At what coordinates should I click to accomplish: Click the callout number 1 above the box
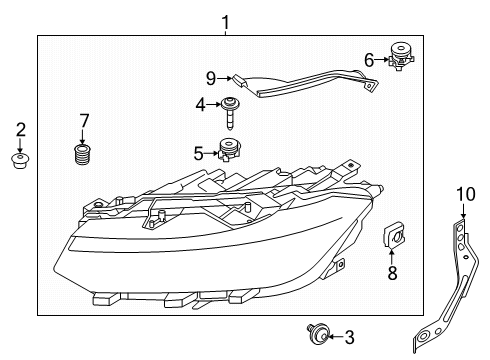click(x=226, y=23)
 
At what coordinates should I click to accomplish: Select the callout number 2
click(x=21, y=130)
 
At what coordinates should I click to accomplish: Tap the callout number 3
click(x=349, y=338)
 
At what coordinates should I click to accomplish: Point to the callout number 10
click(x=466, y=194)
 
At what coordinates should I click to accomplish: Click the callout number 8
click(x=392, y=273)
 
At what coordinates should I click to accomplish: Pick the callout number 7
click(x=84, y=121)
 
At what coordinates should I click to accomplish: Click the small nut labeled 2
click(x=20, y=161)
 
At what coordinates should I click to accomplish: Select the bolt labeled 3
click(x=318, y=334)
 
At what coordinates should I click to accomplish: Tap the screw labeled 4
click(x=229, y=113)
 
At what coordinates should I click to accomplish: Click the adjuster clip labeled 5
click(x=229, y=150)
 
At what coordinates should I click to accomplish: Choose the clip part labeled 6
click(x=401, y=55)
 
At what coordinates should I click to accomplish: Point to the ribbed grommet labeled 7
click(x=82, y=154)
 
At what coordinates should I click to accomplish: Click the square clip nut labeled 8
click(x=394, y=236)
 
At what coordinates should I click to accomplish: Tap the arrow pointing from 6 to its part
click(x=382, y=60)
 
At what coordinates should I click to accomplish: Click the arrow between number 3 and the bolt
click(x=336, y=337)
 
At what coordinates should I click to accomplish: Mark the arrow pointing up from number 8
click(x=391, y=256)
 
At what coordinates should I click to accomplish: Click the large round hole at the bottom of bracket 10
click(x=423, y=336)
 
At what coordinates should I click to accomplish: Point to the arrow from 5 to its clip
click(x=211, y=153)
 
